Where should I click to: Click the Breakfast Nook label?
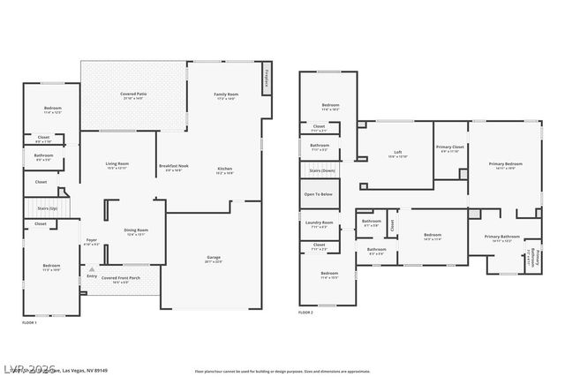pyautogui.click(x=172, y=167)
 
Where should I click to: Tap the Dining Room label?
pyautogui.click(x=136, y=231)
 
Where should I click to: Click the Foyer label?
pyautogui.click(x=91, y=241)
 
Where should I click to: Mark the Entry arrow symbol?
pyautogui.click(x=90, y=268)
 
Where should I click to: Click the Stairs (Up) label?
pyautogui.click(x=47, y=208)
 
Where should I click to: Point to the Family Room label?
pyautogui.click(x=226, y=95)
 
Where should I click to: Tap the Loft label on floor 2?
pyautogui.click(x=398, y=154)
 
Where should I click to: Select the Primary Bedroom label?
pyautogui.click(x=506, y=164)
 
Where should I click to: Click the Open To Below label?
pyautogui.click(x=319, y=194)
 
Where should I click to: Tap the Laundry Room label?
pyautogui.click(x=320, y=223)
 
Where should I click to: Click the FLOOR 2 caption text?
pyautogui.click(x=305, y=313)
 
